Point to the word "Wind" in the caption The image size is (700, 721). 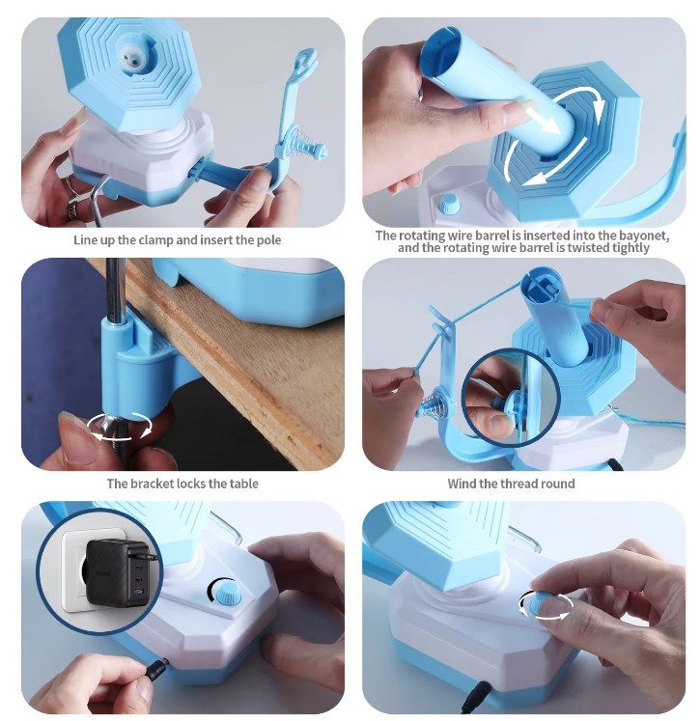tap(462, 484)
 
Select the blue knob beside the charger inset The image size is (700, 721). tap(225, 590)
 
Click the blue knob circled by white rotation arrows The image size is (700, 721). tap(546, 605)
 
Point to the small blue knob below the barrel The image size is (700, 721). tap(448, 205)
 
